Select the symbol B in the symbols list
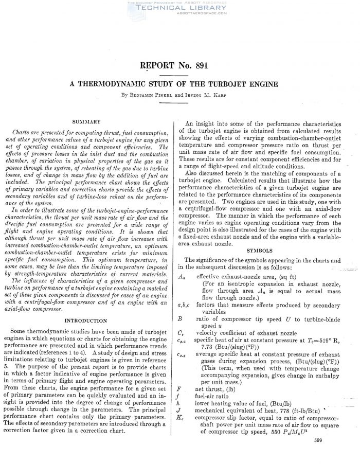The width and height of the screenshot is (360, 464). click(181, 319)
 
